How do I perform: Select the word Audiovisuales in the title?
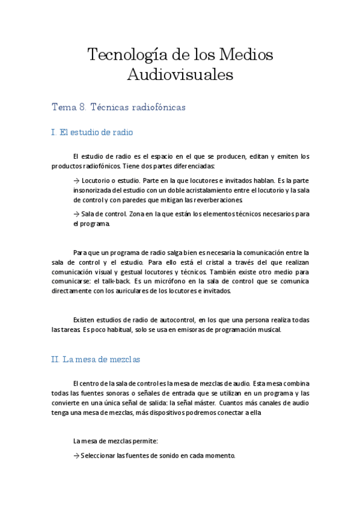(x=180, y=75)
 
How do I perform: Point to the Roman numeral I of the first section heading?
(x=53, y=132)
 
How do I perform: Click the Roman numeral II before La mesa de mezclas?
(x=55, y=359)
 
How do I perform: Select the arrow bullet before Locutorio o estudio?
(x=76, y=180)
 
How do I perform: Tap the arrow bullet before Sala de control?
(x=76, y=213)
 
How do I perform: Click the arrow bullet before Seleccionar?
(x=76, y=456)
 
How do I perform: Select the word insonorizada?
(x=93, y=190)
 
